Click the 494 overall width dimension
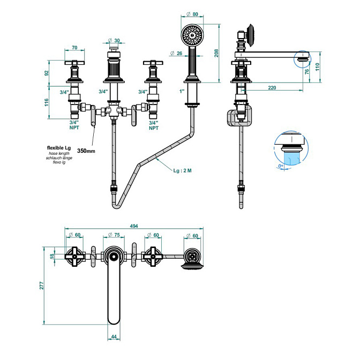click(x=131, y=226)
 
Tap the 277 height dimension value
click(x=42, y=286)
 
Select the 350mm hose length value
click(x=86, y=151)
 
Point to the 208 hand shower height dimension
click(x=217, y=52)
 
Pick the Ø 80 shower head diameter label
click(x=193, y=14)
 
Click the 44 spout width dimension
click(x=114, y=336)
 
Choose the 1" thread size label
click(x=182, y=92)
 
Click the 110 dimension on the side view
click(x=319, y=67)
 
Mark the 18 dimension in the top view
click(x=52, y=256)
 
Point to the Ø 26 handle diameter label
click(x=177, y=52)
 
